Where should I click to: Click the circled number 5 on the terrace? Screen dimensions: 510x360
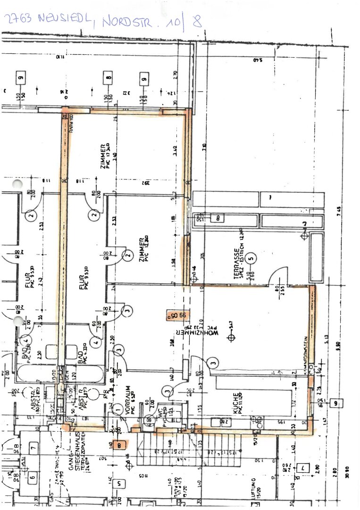click(251, 258)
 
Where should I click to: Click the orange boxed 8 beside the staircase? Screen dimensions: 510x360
click(122, 444)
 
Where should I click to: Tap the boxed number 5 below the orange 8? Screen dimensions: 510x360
click(120, 483)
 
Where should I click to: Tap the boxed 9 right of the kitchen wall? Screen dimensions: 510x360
click(336, 402)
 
